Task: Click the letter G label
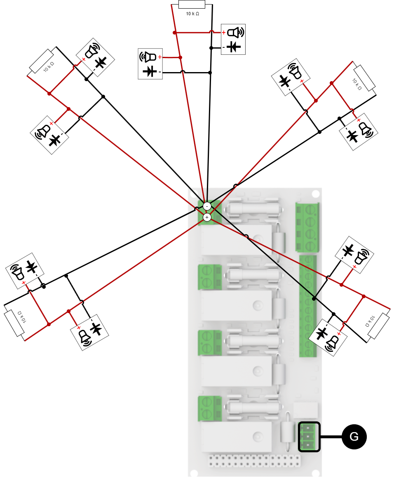tap(354, 437)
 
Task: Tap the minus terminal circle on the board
tap(207, 206)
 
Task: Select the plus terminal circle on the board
tap(207, 217)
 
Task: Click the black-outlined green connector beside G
tap(309, 437)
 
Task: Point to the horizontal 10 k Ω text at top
tap(192, 14)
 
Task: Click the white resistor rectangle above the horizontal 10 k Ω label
tap(192, 4)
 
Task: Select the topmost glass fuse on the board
tap(254, 208)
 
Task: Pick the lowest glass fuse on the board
tap(254, 408)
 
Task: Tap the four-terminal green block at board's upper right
tap(307, 227)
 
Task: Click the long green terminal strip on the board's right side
tap(307, 306)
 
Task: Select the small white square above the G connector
tap(305, 410)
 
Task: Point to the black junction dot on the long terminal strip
tap(314, 298)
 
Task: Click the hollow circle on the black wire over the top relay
tap(246, 237)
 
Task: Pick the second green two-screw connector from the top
tap(210, 277)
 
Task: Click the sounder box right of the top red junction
tap(233, 39)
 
